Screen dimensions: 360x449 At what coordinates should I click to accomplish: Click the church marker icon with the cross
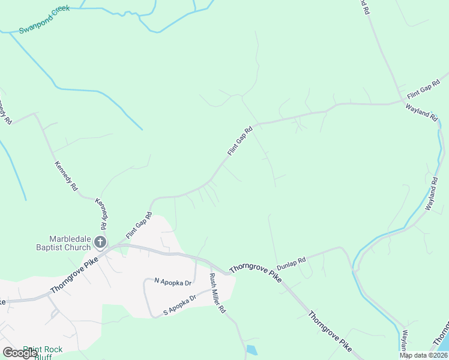(x=100, y=243)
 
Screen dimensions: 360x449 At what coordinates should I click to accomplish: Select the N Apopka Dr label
(x=172, y=281)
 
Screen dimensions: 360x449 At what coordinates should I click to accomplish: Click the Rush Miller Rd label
(x=217, y=293)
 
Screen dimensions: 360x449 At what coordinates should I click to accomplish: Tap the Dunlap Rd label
(x=291, y=263)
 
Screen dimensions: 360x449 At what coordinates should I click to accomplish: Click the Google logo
(x=20, y=353)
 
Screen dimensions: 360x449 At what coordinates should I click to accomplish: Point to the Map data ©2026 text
(x=424, y=355)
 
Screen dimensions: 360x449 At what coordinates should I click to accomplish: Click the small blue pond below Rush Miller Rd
(x=251, y=350)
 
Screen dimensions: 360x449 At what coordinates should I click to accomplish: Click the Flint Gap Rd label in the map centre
(x=241, y=141)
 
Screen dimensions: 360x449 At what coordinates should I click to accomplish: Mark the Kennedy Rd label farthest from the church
(x=5, y=111)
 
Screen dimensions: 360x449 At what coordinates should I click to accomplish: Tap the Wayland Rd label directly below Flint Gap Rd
(x=422, y=113)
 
